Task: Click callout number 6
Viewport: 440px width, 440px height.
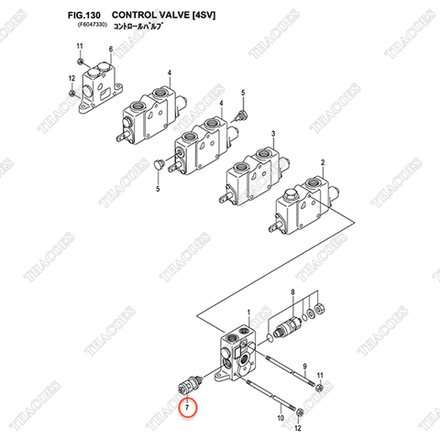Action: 110,49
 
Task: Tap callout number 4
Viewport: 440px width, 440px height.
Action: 170,72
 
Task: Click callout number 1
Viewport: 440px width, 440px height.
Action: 248,313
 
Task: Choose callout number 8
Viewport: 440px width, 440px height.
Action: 292,292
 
